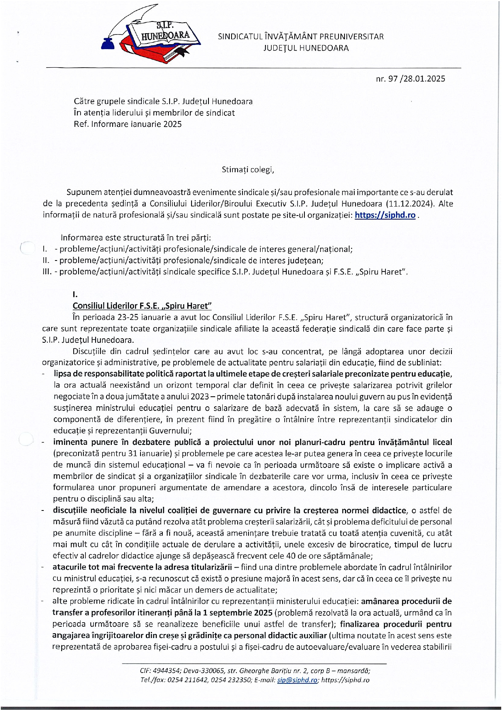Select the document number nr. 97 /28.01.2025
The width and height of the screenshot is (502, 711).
tap(411, 79)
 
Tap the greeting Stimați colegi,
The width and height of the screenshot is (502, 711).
tap(248, 169)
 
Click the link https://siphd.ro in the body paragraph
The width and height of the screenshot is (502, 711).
tap(385, 215)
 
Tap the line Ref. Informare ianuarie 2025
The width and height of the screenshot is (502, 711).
tap(128, 124)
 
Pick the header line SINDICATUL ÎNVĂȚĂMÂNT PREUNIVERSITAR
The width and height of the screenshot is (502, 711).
tap(301, 36)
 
